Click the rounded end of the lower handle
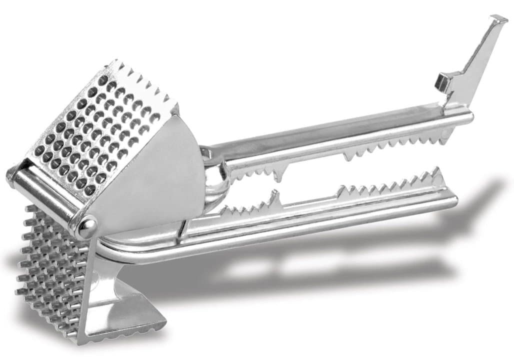click(x=452, y=200)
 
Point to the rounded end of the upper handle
click(x=467, y=118)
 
